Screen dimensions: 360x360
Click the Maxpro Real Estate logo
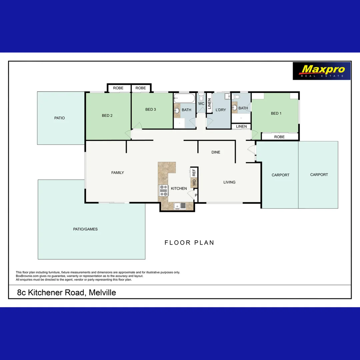[x=321, y=71]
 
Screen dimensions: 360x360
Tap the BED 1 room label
[x=276, y=113]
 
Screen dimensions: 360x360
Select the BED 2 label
[x=107, y=116]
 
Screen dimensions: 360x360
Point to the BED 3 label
[x=151, y=109]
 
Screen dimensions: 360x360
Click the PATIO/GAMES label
[x=85, y=229]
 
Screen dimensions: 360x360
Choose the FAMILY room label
[x=117, y=173]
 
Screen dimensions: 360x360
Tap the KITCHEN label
[x=179, y=189]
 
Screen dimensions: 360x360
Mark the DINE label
[x=216, y=152]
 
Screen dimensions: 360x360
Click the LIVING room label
[x=229, y=182]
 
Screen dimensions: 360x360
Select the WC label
[x=201, y=104]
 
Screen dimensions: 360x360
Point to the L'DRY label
[x=221, y=110]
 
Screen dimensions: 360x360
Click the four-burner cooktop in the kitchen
[x=163, y=190]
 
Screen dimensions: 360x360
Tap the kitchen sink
[x=180, y=206]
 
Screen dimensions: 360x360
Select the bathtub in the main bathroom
[x=184, y=99]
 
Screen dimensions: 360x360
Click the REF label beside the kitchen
[x=194, y=173]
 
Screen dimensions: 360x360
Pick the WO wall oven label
[x=194, y=182]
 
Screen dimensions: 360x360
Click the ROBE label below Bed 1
[x=279, y=137]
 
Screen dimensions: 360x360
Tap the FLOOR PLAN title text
[x=189, y=243]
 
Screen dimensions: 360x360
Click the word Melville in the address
[x=102, y=293]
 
